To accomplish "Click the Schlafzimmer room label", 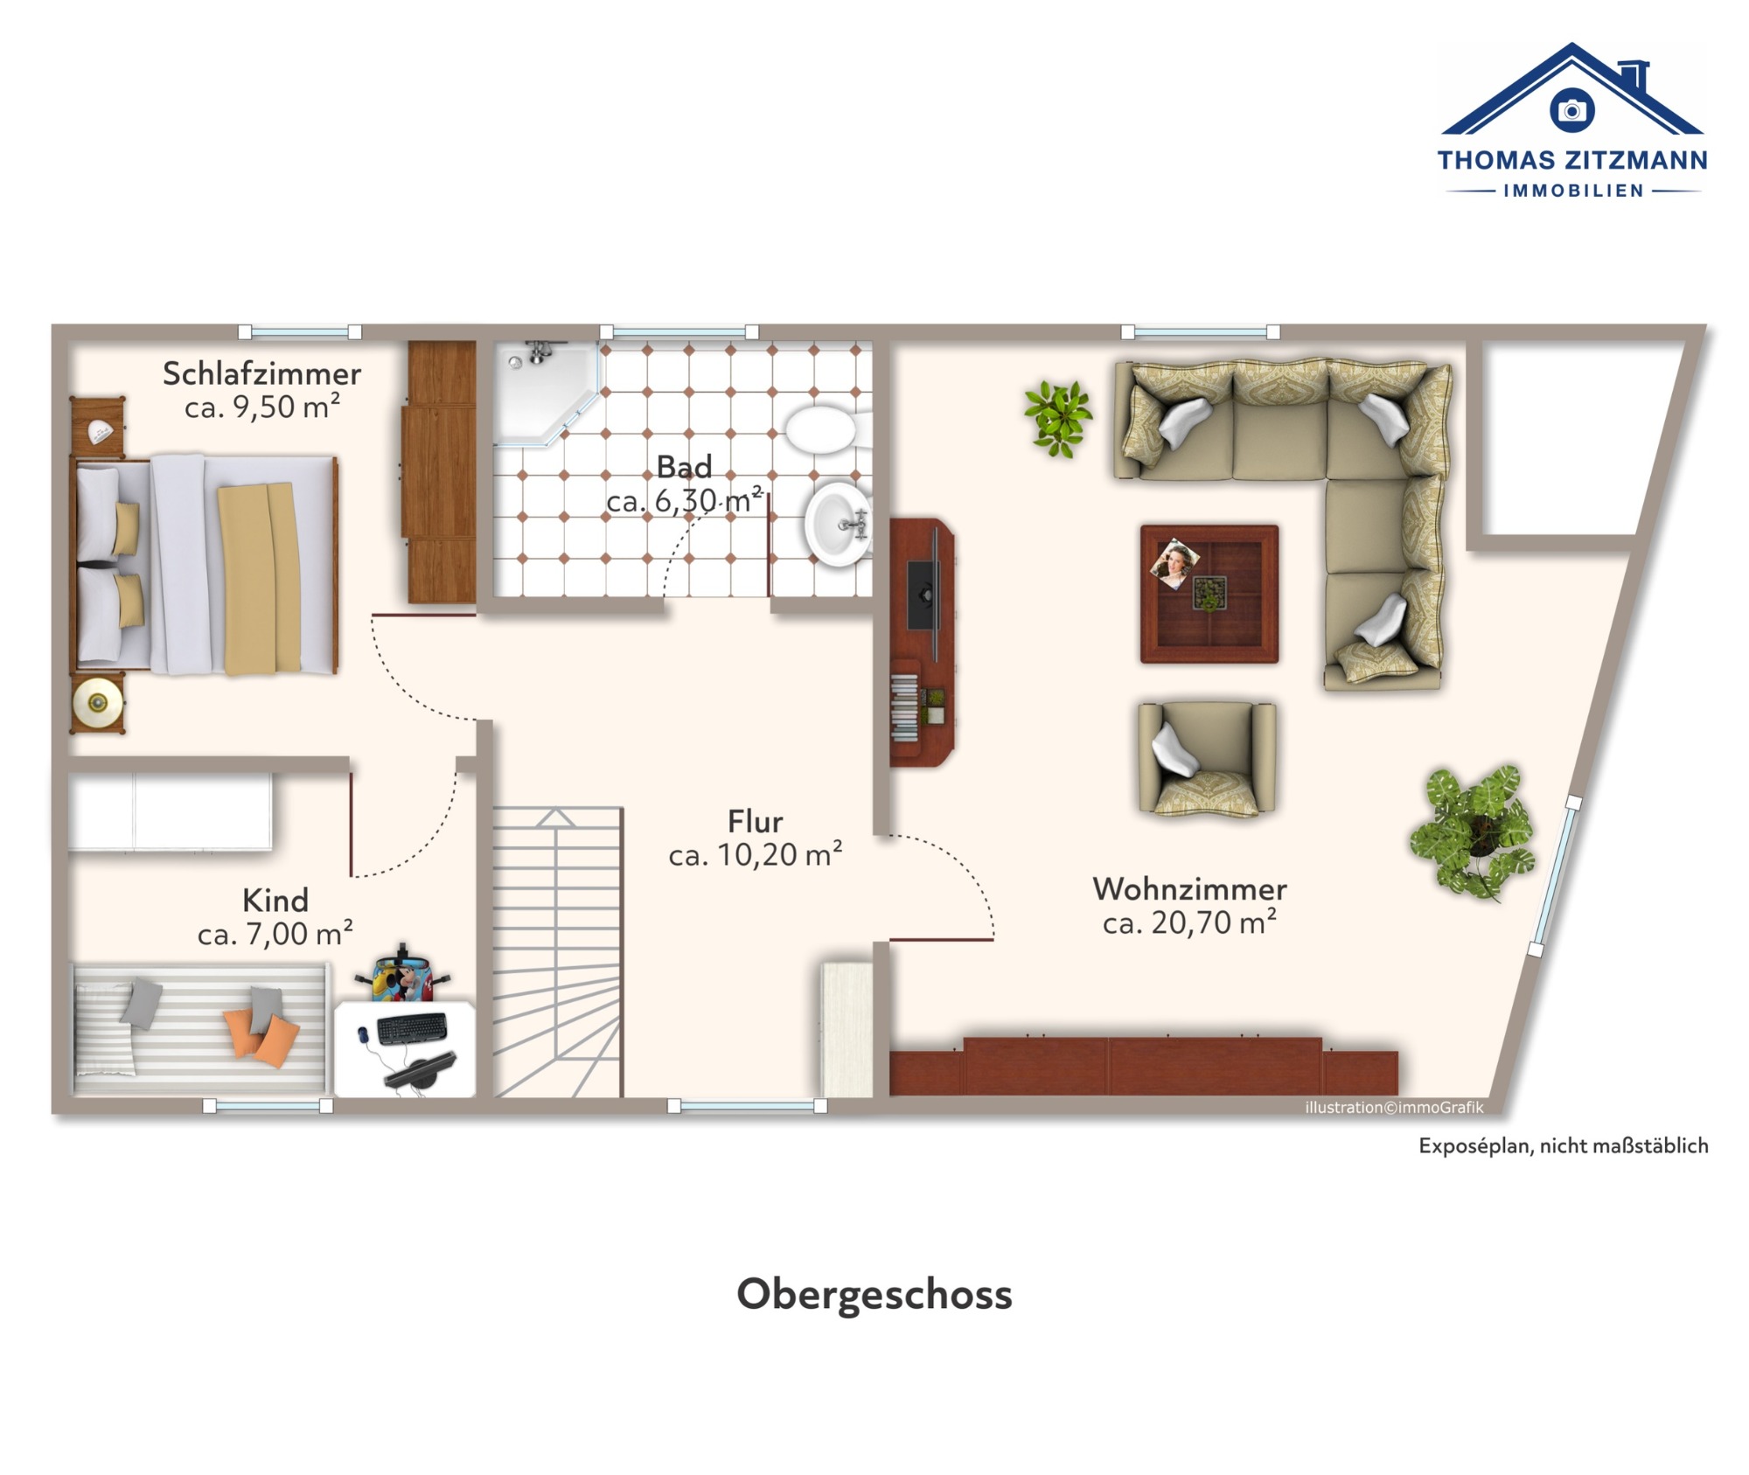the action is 261,374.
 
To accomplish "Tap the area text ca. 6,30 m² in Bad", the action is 685,500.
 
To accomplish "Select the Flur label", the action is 755,821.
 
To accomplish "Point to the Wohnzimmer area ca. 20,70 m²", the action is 1189,922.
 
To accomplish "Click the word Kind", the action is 275,900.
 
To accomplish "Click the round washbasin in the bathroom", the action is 837,525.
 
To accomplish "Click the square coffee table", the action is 1209,594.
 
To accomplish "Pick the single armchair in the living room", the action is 1206,758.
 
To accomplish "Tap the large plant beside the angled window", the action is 1474,831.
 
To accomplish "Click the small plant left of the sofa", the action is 1058,418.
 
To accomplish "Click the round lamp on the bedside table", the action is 97,701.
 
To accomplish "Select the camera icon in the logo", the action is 1571,110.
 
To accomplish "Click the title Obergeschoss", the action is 874,1295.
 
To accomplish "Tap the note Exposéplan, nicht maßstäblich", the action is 1563,1145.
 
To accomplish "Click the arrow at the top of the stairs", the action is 555,818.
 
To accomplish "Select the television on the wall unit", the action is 923,595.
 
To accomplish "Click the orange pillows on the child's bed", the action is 261,1036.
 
